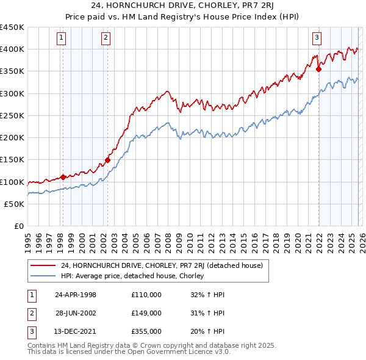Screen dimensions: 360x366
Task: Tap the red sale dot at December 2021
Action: tap(318, 69)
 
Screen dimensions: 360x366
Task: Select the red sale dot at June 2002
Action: tap(107, 160)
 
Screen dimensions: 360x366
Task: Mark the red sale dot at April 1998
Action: tap(63, 178)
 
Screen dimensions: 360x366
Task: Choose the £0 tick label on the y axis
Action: tap(18, 226)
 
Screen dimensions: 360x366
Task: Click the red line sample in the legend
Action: tap(43, 265)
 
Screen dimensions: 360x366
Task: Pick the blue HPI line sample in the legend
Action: tap(43, 276)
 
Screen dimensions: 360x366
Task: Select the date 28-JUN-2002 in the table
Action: tap(76, 313)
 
